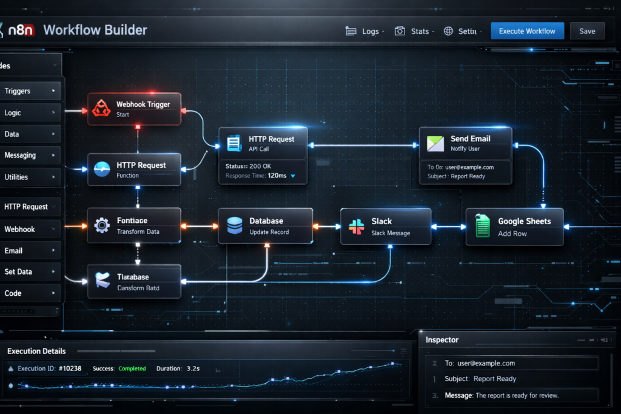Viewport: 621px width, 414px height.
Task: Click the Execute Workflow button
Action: click(x=527, y=31)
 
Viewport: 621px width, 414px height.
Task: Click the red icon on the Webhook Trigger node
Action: click(x=101, y=109)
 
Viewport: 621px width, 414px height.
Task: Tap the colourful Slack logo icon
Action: click(x=355, y=227)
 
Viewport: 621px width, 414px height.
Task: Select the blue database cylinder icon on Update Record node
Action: click(x=234, y=226)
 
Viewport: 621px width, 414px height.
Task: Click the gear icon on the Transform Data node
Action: click(x=102, y=225)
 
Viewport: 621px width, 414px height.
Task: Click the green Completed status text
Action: click(x=132, y=369)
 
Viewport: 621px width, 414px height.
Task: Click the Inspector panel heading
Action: click(x=442, y=340)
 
